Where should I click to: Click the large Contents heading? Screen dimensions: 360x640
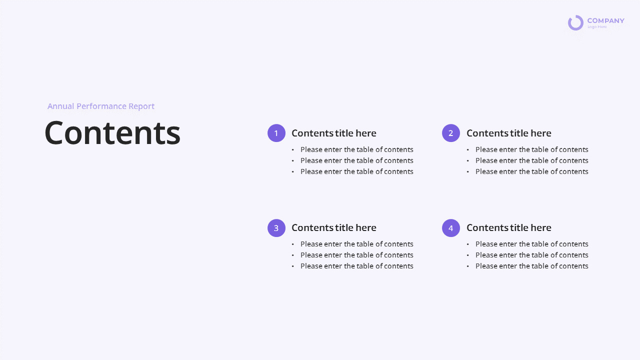[112, 133]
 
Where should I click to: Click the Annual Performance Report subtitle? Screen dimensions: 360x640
[101, 106]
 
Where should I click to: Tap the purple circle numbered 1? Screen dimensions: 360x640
[276, 133]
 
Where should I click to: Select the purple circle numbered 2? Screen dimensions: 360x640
[451, 133]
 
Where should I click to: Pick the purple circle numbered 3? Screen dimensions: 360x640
[276, 228]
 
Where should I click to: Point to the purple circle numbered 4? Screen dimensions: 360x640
[451, 228]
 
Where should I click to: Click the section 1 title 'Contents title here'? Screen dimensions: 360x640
[334, 133]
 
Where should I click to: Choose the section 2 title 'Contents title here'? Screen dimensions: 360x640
[509, 133]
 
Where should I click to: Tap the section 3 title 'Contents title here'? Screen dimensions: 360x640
[334, 227]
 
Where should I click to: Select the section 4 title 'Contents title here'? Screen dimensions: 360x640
[509, 227]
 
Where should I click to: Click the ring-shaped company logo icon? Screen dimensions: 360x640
[575, 22]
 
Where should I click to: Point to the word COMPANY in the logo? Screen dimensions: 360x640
[605, 20]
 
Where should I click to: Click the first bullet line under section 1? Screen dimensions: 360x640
[357, 149]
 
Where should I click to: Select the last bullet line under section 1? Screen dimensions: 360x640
[357, 171]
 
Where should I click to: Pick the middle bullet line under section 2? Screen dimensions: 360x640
[532, 160]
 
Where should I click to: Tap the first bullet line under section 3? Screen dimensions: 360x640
[357, 244]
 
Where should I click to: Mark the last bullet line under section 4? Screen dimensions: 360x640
[532, 266]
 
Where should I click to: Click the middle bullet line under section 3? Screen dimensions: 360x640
[357, 255]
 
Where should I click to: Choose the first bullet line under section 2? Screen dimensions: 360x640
[532, 149]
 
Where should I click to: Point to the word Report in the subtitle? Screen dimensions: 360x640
[141, 106]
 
